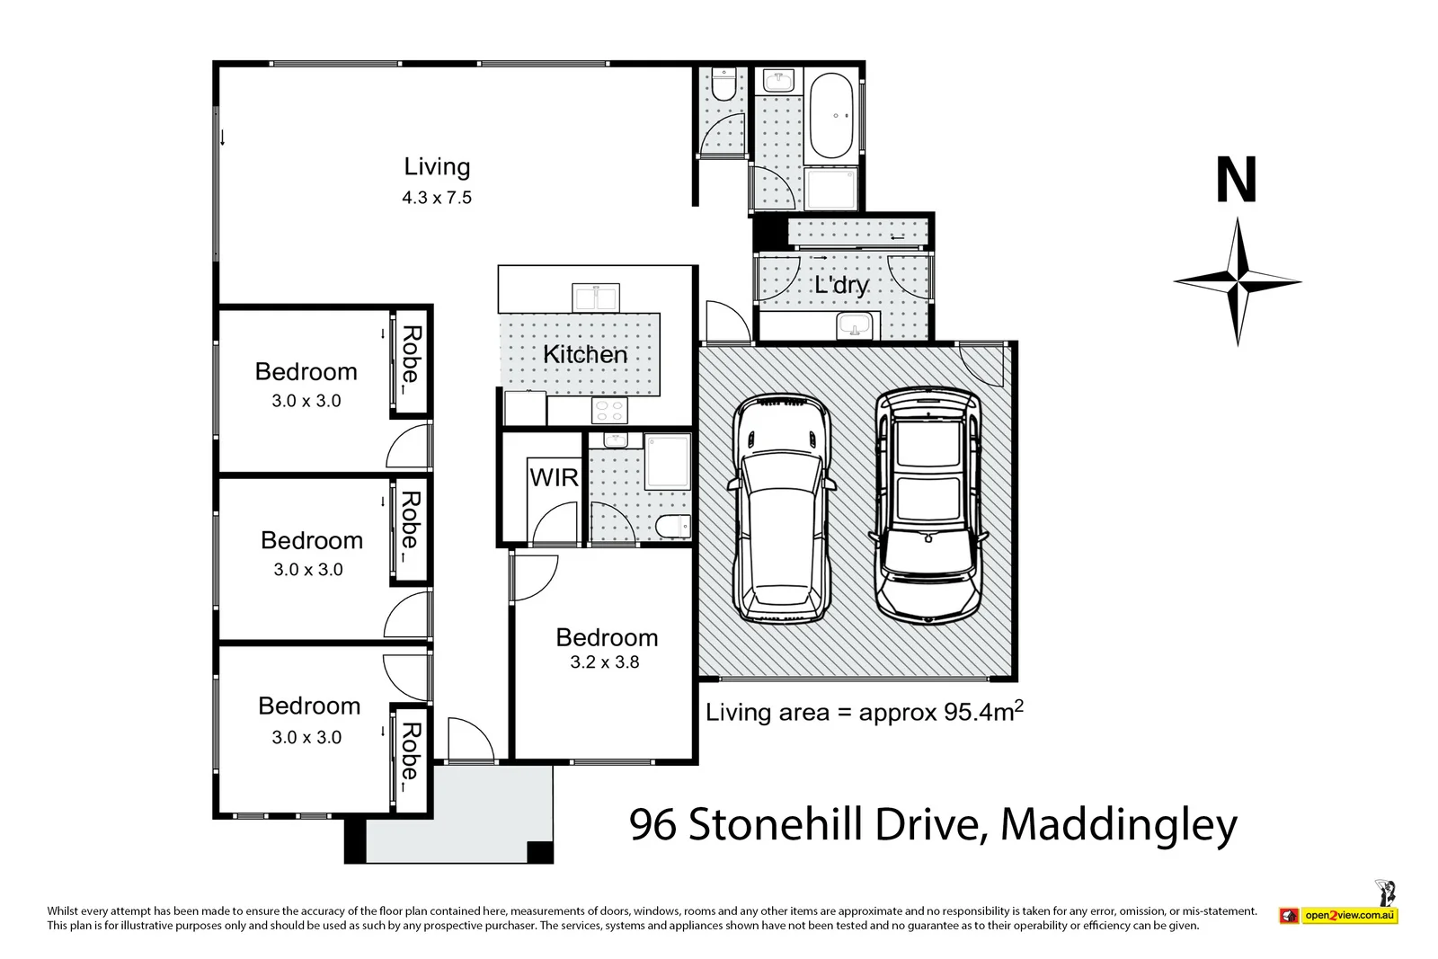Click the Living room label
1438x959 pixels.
point(437,167)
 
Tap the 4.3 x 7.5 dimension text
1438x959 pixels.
point(437,198)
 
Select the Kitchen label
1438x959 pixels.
point(585,354)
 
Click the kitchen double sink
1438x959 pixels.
point(595,297)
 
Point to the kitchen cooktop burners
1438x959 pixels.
point(609,411)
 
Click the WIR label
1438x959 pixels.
point(555,477)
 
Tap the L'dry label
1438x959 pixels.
point(841,285)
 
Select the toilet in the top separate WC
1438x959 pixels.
point(723,85)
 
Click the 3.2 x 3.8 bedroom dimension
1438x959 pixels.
point(605,662)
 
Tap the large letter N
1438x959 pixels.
point(1236,181)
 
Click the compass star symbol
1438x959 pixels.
point(1238,281)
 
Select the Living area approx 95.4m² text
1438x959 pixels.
point(864,713)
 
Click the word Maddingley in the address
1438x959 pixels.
point(1119,824)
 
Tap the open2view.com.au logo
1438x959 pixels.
point(1349,916)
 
